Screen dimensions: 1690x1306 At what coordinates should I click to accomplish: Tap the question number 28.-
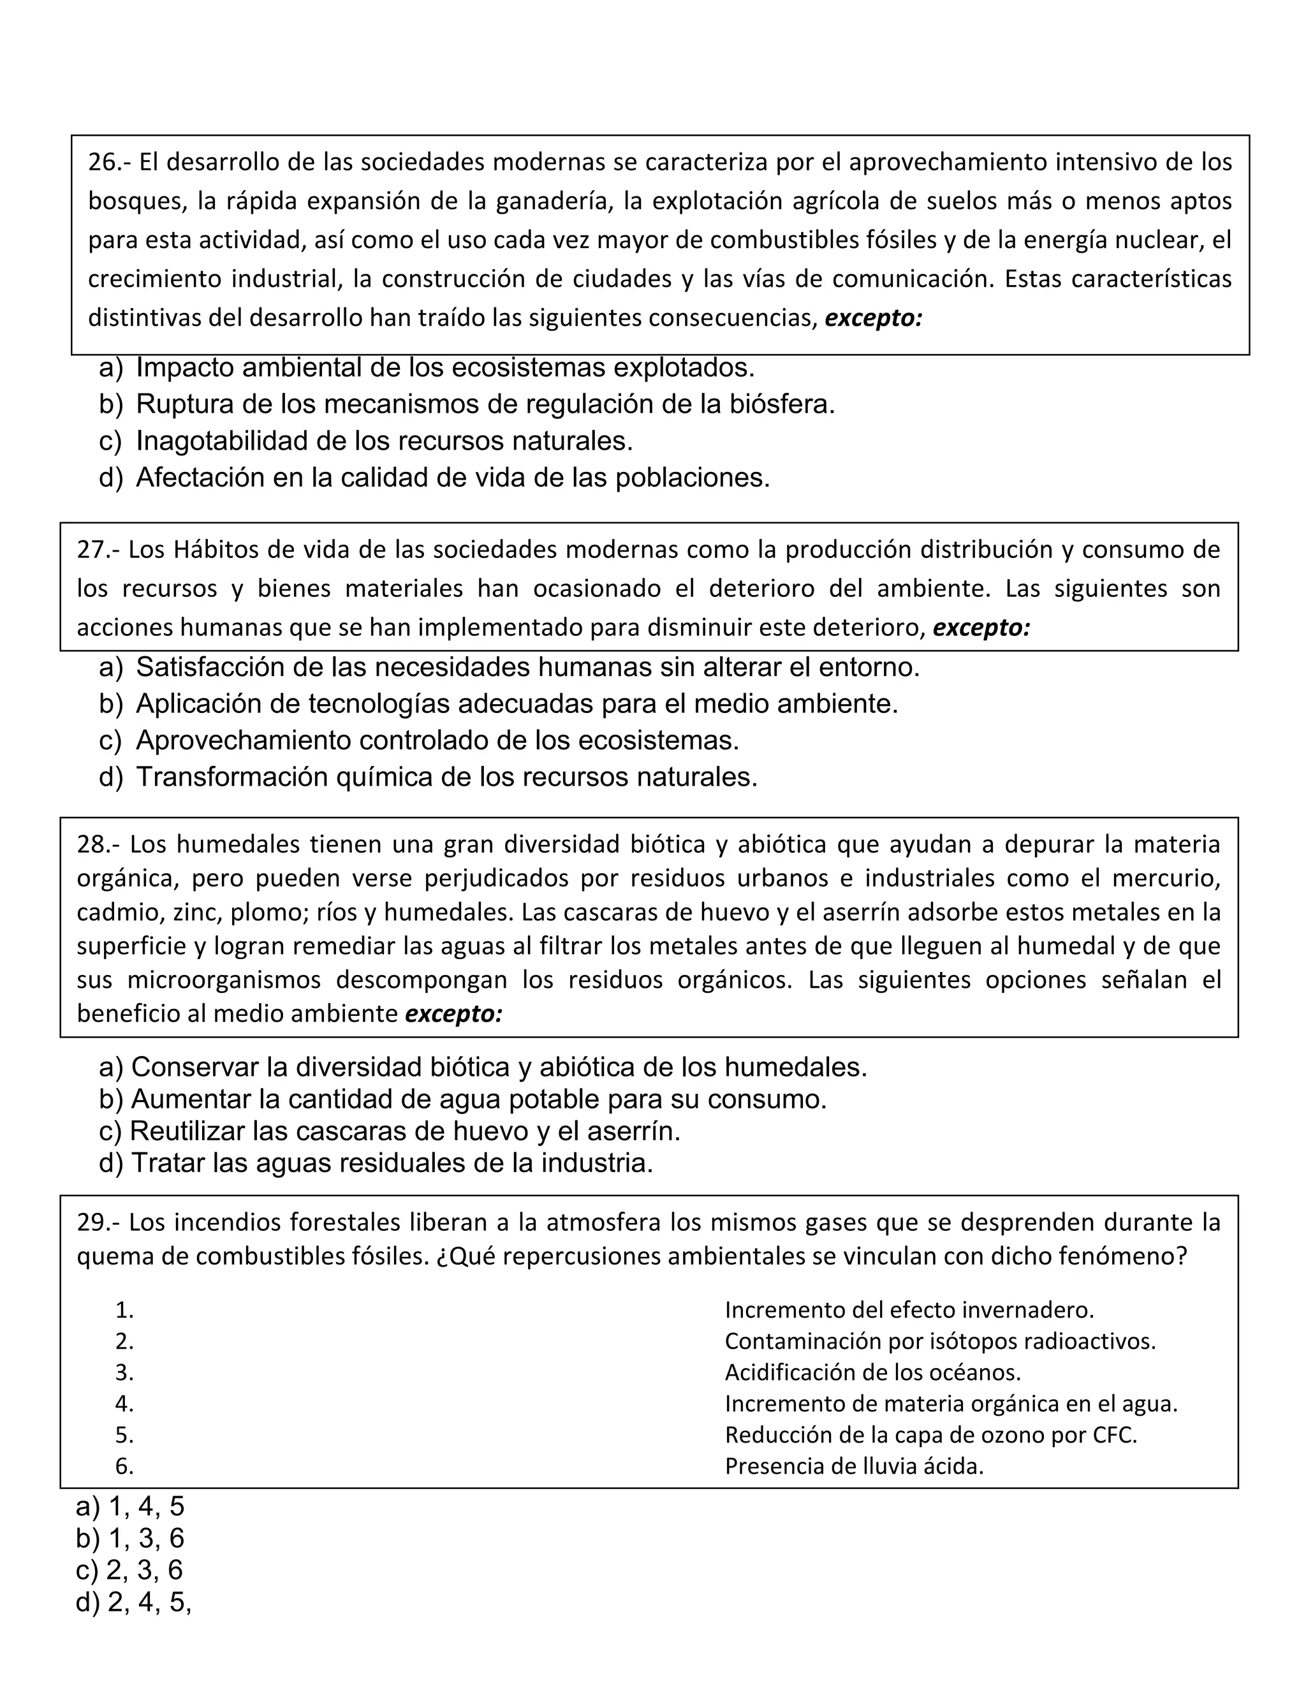98,844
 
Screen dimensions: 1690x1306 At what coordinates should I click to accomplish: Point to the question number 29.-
98,1222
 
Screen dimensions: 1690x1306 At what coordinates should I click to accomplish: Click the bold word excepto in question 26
873,318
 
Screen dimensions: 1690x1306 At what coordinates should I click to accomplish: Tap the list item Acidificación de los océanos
872,1393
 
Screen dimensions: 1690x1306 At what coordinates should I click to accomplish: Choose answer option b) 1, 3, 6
130,1559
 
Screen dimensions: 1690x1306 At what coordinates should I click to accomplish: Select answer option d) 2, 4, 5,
133,1624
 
